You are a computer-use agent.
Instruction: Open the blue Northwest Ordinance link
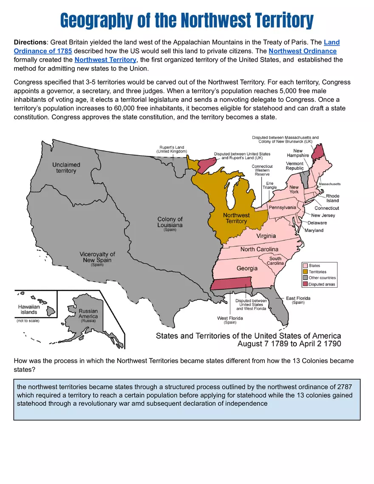302,51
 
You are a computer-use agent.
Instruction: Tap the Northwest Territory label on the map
236,218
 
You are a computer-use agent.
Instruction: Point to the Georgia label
247,268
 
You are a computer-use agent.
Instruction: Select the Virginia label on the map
266,236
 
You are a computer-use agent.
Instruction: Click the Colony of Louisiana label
170,222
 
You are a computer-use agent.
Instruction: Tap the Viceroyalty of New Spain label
97,257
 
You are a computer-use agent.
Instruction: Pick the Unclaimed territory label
66,167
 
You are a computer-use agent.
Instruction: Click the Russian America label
88,314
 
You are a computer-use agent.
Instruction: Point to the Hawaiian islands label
29,309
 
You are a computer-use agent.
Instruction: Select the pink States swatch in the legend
305,266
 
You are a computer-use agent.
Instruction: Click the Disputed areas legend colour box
305,284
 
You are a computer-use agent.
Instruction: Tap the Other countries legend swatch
305,278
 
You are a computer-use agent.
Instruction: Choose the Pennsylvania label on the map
282,207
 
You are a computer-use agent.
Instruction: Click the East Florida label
298,298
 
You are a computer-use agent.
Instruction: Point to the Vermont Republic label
295,166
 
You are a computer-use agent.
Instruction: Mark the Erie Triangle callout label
269,185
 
